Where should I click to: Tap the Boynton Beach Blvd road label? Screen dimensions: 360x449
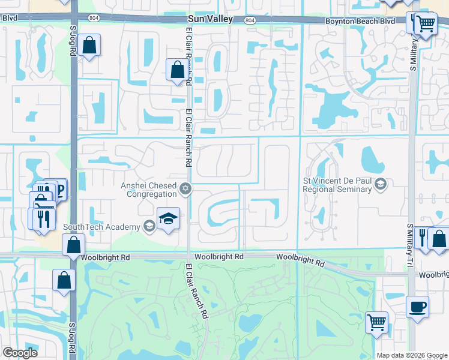tap(360, 21)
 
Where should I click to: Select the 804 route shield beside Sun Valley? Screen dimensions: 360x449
tap(250, 20)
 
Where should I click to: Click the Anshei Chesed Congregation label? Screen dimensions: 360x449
tap(149, 189)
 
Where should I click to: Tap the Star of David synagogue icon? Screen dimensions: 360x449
tap(185, 190)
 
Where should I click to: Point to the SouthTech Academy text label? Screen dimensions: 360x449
tap(103, 227)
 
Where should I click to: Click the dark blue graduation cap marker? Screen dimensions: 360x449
tap(169, 219)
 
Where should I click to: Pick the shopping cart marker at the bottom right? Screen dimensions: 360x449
tap(376, 323)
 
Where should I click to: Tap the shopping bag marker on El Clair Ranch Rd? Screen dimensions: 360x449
tap(178, 70)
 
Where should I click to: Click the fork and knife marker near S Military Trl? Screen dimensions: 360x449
tap(423, 235)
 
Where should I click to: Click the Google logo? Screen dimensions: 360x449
tap(20, 353)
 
